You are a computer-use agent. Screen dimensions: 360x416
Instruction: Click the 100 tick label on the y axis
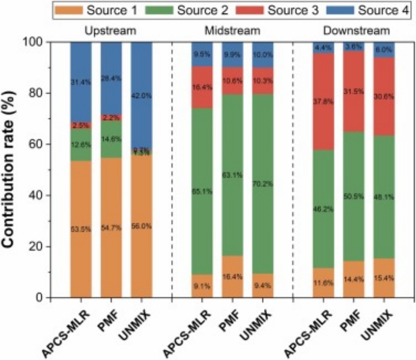[x=36, y=42]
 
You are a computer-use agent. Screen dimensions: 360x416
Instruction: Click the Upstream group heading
[x=110, y=30]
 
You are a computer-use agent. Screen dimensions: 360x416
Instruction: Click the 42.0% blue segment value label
[x=141, y=96]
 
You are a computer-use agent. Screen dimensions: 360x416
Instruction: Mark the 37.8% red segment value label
[x=323, y=102]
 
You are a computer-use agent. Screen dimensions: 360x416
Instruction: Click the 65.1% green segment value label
[x=202, y=192]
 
